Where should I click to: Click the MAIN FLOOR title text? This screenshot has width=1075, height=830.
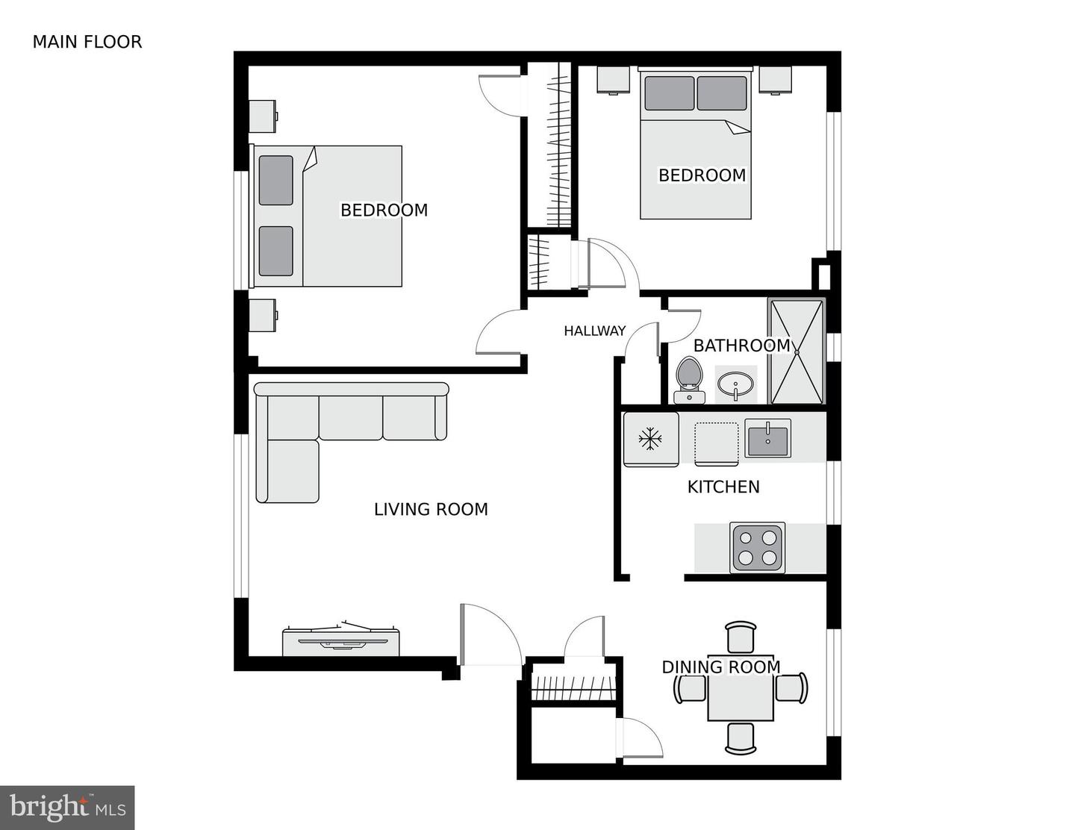tap(87, 42)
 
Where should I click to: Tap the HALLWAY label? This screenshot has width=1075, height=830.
tap(594, 331)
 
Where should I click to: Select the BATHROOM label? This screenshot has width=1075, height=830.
tap(741, 346)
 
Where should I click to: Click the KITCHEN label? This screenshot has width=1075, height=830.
tap(723, 487)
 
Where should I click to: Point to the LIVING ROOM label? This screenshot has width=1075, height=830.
tap(431, 509)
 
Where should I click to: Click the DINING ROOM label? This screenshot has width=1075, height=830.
tap(721, 667)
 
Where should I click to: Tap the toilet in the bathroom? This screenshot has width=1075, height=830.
tap(688, 379)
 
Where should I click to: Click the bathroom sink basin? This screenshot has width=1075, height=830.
tap(735, 384)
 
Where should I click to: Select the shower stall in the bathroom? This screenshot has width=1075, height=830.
tap(797, 351)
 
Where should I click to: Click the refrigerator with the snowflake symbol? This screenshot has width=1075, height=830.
tap(651, 439)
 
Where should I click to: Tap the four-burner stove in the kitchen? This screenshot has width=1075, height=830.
tap(758, 547)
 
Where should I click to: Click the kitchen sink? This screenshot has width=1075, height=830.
tap(767, 438)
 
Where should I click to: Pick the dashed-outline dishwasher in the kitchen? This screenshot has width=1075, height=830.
tap(716, 443)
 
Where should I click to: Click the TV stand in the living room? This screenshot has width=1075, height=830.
tap(340, 643)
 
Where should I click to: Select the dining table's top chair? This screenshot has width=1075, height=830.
tap(741, 637)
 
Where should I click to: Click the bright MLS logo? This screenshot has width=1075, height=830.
tap(67, 808)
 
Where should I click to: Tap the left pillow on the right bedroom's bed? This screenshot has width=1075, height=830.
tap(669, 93)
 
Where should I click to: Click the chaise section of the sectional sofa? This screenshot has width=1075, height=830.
tap(287, 470)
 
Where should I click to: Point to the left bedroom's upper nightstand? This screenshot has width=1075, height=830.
tap(263, 116)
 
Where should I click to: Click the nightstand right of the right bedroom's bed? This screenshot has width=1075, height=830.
tap(775, 80)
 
